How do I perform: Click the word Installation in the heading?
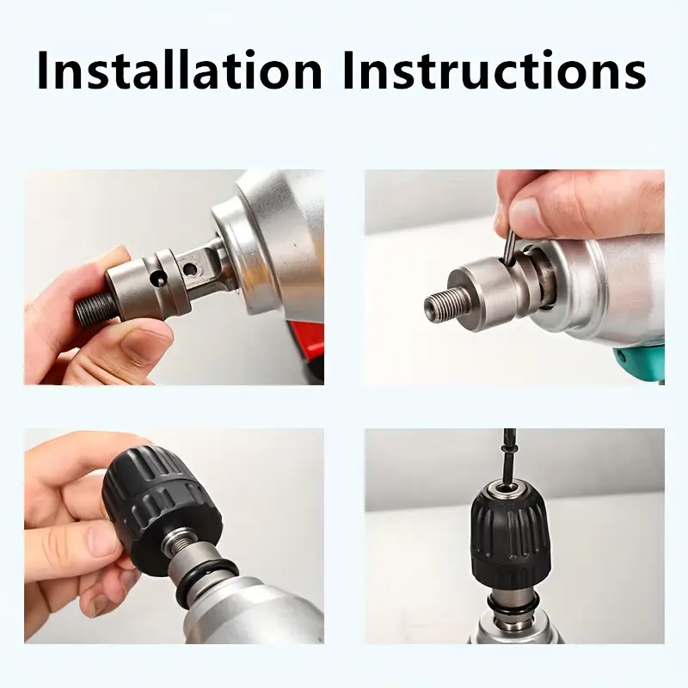point(180,71)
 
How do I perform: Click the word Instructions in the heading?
point(494,71)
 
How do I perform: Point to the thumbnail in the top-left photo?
point(142,348)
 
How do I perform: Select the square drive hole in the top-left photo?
point(190,268)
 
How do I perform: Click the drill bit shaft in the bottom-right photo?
point(508,457)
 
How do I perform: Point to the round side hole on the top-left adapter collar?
point(157,278)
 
